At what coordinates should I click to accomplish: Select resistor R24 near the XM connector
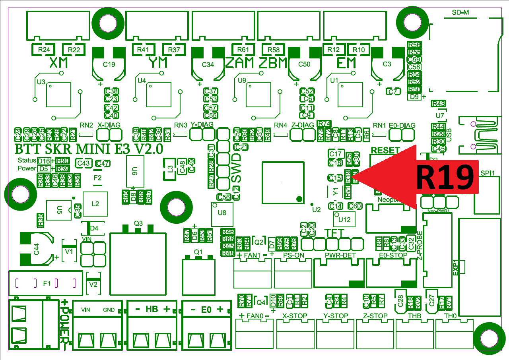pos(44,50)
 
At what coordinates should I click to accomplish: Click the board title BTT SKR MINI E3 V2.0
pos(89,149)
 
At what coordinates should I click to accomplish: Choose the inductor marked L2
pos(95,204)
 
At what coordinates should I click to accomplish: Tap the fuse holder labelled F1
pos(47,283)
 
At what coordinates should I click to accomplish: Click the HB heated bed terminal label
pos(151,309)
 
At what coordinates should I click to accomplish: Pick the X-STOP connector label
pos(295,316)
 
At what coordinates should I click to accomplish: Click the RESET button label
pos(385,150)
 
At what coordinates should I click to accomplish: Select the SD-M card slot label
pos(460,12)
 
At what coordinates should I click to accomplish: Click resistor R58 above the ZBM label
pos(274,50)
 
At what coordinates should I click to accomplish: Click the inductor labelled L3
pos(170,169)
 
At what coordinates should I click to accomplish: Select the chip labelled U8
pos(222,213)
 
